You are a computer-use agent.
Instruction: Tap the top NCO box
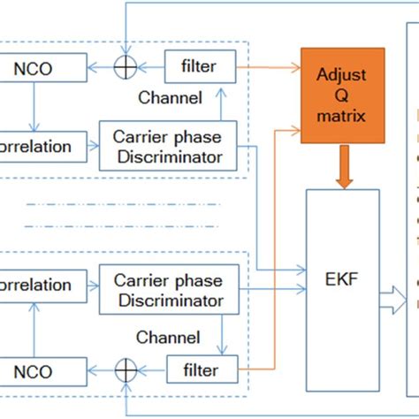pos(43,65)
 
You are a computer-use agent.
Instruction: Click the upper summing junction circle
pos(127,65)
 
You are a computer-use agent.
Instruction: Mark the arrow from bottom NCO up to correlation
pos(33,327)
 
